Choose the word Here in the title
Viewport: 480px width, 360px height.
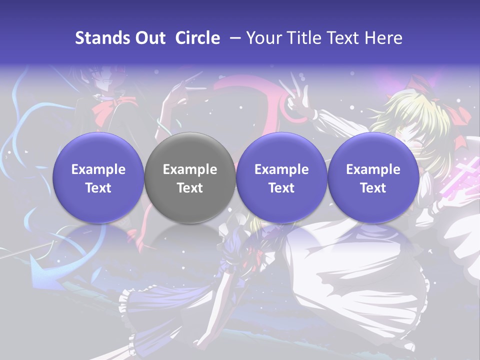(384, 38)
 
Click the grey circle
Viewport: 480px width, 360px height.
(189, 178)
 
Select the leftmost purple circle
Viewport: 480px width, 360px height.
(98, 178)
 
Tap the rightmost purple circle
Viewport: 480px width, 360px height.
(373, 178)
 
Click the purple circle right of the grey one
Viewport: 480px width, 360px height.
(281, 178)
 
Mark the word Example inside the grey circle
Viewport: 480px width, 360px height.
(189, 169)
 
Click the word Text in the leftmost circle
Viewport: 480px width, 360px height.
(98, 188)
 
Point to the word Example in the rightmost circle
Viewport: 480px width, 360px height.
(373, 169)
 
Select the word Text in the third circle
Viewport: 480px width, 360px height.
(281, 188)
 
